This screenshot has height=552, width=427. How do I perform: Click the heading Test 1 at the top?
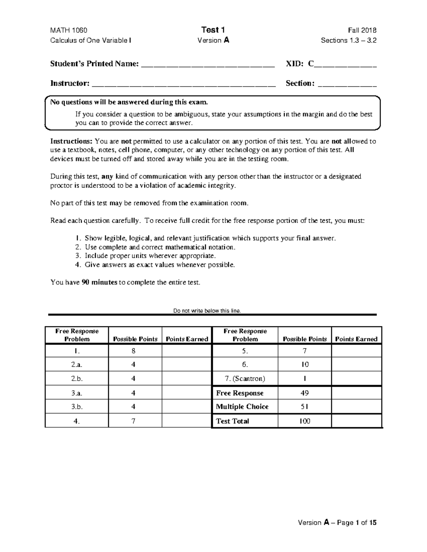tap(213, 30)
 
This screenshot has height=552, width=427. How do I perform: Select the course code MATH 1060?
tap(69, 30)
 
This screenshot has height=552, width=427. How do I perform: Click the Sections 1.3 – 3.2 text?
tap(348, 40)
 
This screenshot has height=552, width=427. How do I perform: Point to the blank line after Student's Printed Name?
tap(208, 65)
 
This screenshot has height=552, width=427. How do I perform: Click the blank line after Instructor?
tap(184, 84)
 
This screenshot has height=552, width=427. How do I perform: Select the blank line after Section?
tap(347, 84)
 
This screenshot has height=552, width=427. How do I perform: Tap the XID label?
tap(295, 64)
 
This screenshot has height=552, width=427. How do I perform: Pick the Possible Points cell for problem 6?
tap(305, 364)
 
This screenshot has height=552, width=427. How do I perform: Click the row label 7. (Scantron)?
tap(245, 379)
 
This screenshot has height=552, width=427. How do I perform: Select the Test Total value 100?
tap(305, 421)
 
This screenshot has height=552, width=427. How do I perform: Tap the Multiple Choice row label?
tap(242, 407)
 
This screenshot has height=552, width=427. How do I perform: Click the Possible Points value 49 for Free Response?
tap(305, 393)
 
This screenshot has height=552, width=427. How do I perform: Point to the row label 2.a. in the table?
tap(77, 364)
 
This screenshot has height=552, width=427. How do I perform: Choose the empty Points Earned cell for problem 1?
tap(187, 351)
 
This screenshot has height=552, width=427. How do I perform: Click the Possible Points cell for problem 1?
tap(133, 351)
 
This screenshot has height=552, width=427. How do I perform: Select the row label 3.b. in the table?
tap(77, 407)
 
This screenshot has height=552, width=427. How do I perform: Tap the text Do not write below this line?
tap(207, 311)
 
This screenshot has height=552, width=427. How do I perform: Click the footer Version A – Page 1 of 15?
tap(337, 522)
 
